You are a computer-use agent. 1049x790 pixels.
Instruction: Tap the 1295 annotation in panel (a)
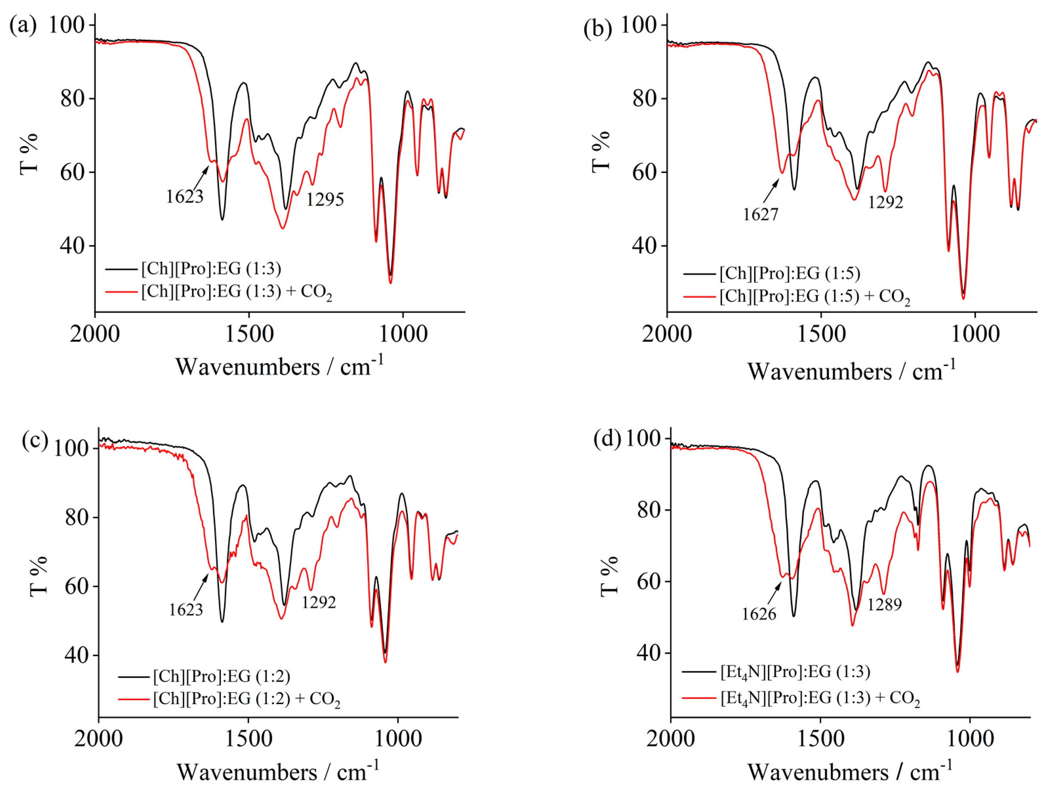325,199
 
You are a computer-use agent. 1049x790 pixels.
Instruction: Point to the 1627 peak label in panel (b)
760,215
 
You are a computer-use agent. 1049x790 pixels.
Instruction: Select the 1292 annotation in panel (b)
885,202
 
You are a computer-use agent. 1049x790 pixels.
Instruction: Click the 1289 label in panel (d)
884,605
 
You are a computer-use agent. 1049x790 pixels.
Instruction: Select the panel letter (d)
607,439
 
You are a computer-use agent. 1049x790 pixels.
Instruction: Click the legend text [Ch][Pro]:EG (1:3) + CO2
236,291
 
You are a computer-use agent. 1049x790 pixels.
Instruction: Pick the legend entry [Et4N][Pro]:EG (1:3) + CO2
820,698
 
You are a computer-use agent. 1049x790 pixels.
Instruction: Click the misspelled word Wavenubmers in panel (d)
818,772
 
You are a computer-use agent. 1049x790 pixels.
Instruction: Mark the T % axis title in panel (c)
39,575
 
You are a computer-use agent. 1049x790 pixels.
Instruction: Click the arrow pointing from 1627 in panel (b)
771,191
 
